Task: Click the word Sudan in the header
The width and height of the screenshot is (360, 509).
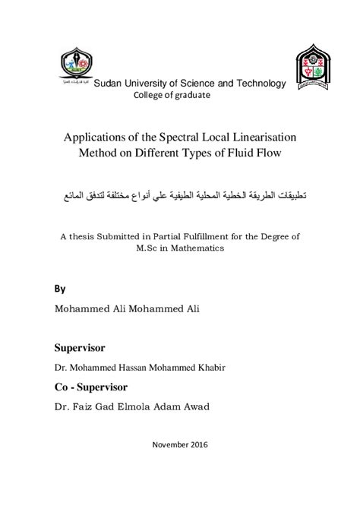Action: pos(106,84)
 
